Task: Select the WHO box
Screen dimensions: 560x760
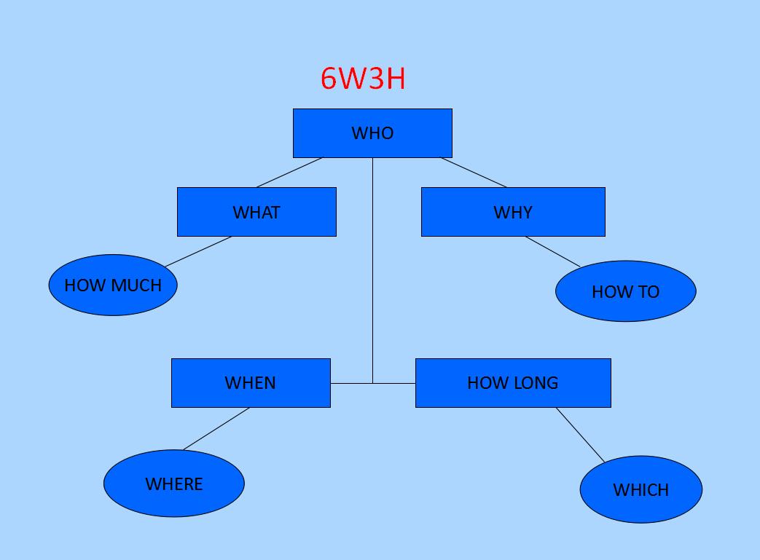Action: [372, 133]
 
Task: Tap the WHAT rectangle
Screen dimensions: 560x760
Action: [256, 212]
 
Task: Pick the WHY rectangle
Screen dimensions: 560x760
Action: [513, 212]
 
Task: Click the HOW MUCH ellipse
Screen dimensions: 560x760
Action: [113, 285]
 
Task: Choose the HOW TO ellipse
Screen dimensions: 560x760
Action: [625, 291]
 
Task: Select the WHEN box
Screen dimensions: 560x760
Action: [251, 383]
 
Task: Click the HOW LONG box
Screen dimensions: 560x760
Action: [513, 383]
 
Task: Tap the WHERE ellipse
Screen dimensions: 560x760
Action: [174, 484]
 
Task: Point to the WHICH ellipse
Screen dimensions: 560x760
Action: [641, 489]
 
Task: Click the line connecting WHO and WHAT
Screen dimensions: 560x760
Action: [289, 173]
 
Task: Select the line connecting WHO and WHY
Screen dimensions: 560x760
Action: [474, 173]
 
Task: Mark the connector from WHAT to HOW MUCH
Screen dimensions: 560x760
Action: [198, 251]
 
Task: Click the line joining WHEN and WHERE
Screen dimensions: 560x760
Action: [216, 429]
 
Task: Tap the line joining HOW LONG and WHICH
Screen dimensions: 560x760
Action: [580, 435]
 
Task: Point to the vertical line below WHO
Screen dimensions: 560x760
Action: [372, 269]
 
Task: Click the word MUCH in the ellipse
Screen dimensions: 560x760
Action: [138, 285]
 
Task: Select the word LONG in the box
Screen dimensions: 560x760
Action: [535, 383]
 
